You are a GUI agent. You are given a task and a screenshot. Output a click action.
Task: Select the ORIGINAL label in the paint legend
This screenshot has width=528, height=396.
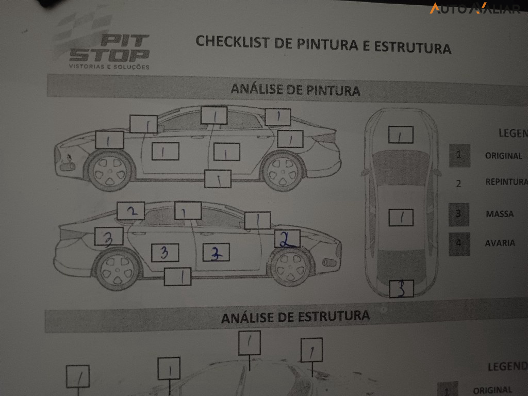[503, 156]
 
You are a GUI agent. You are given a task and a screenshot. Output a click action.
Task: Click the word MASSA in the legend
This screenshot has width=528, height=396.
[499, 213]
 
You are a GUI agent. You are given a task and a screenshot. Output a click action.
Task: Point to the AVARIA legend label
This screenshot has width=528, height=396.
[500, 243]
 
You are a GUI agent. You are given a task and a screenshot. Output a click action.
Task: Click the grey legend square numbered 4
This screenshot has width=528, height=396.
[459, 244]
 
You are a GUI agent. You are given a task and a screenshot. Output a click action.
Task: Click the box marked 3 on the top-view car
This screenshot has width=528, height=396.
[402, 289]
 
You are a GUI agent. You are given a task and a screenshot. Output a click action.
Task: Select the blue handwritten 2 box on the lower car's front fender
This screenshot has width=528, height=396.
[287, 238]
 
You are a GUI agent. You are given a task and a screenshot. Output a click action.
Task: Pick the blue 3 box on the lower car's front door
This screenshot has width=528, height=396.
[217, 253]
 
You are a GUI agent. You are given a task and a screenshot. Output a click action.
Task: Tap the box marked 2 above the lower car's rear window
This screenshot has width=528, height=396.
[130, 210]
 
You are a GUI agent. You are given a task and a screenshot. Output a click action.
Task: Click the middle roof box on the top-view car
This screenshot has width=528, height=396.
[401, 218]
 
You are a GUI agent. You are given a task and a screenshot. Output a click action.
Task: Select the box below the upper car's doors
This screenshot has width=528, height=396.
[217, 178]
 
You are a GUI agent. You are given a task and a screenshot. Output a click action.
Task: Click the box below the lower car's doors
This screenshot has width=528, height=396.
[177, 276]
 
